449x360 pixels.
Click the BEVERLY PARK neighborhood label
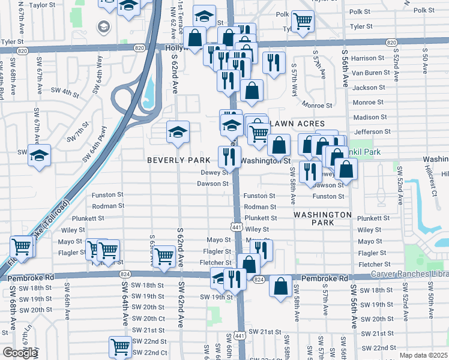point(179,161)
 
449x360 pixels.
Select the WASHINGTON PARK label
point(322,218)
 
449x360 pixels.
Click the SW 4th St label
point(65,92)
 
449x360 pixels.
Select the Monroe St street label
point(318,105)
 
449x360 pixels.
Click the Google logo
point(19,353)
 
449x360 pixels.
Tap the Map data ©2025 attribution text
point(424,355)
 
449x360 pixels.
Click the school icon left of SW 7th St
point(39,155)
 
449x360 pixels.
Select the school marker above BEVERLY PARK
point(177,132)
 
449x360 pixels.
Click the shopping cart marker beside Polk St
point(303,20)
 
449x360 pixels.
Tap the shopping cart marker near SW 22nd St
point(120,347)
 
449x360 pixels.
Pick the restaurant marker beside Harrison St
point(274,62)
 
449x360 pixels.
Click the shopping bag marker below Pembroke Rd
point(280,286)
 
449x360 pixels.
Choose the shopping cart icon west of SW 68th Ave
point(21,246)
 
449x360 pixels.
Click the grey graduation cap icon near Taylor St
point(104,27)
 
